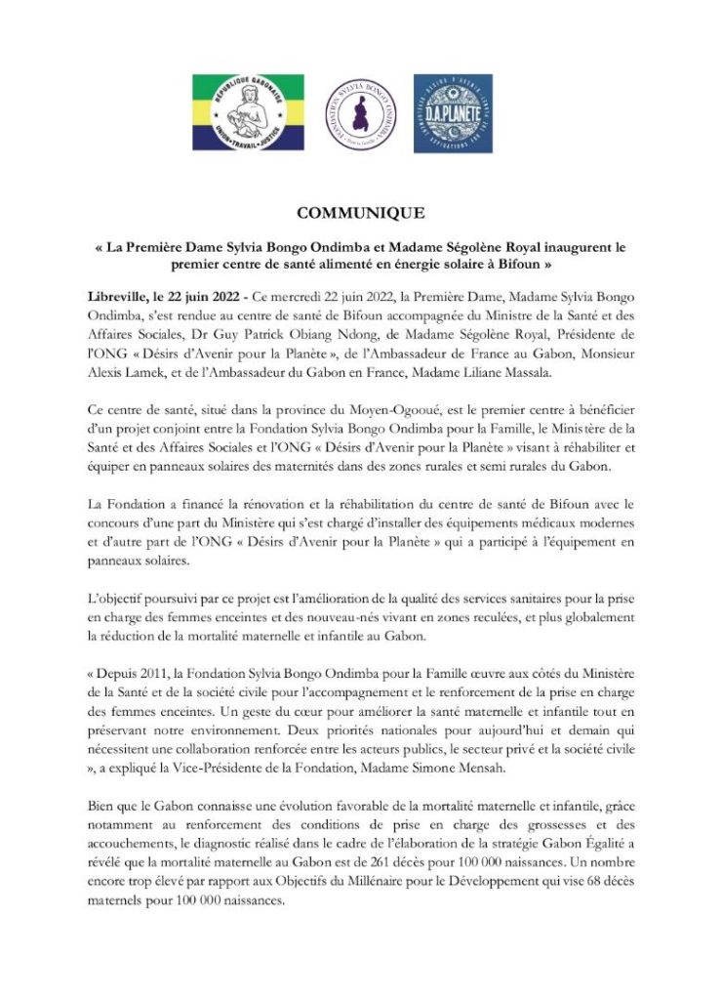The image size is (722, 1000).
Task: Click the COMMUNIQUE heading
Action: pos(360,213)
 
